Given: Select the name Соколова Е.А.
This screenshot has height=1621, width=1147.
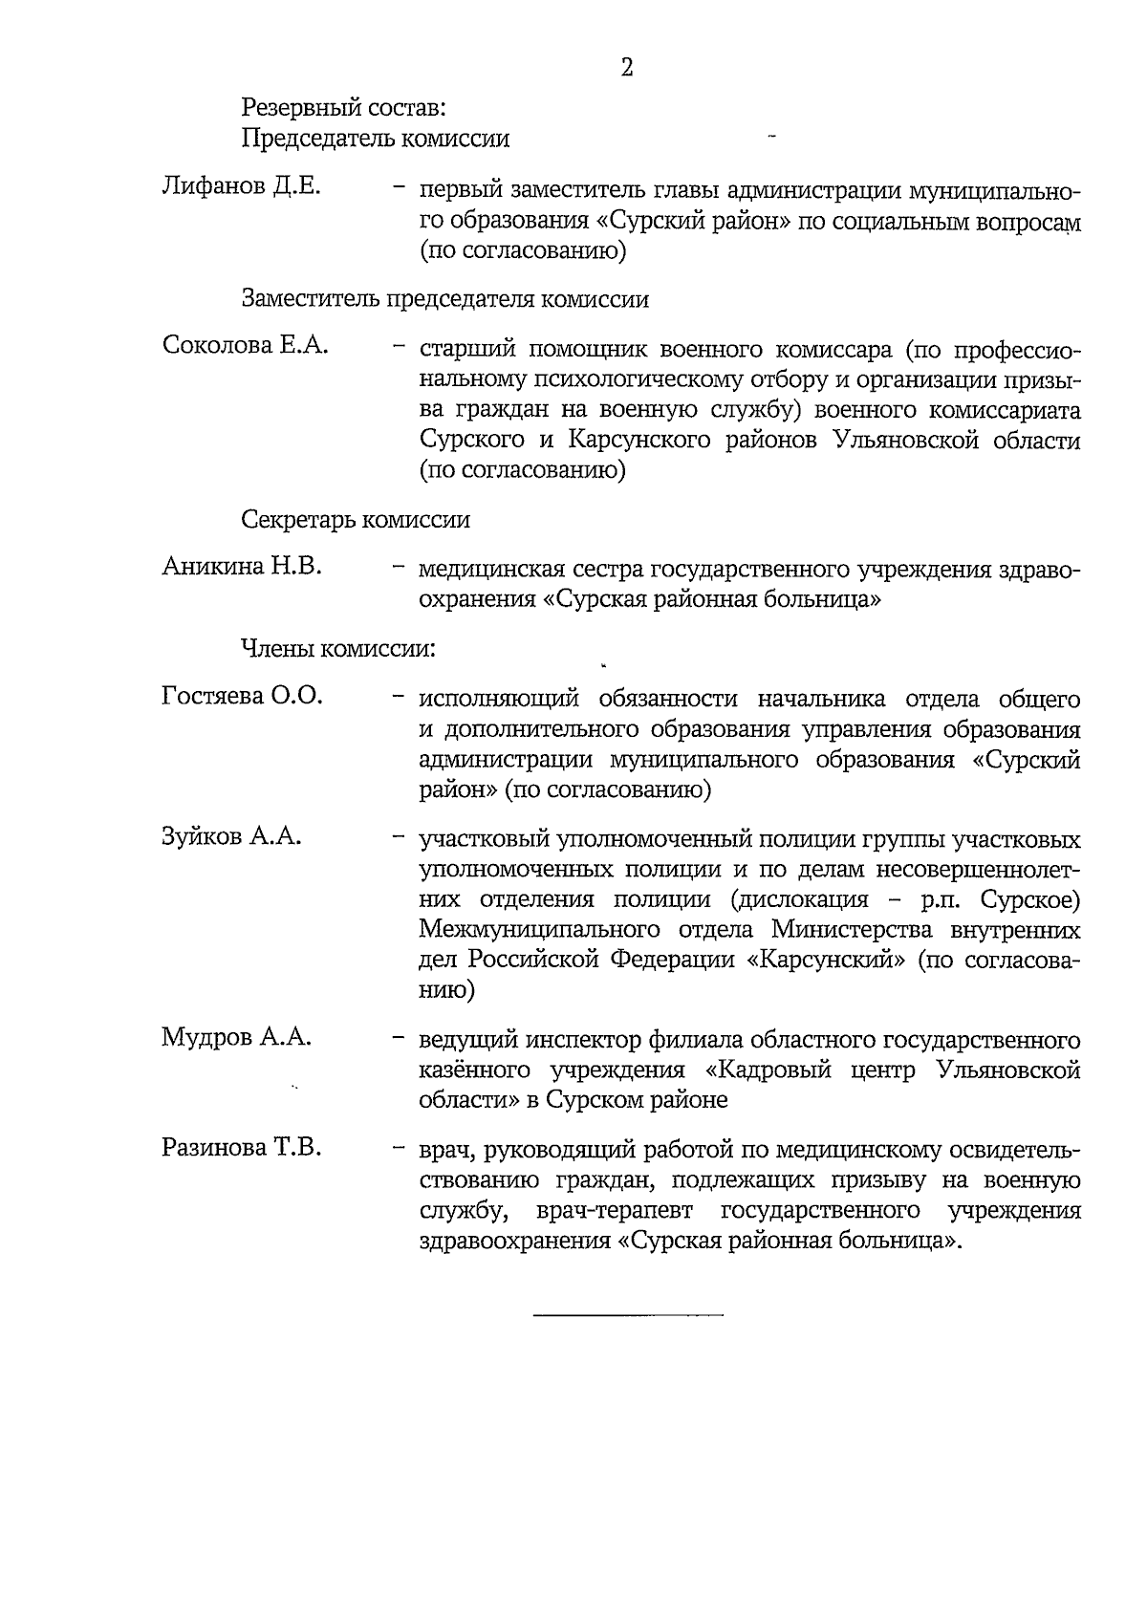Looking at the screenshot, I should pyautogui.click(x=245, y=345).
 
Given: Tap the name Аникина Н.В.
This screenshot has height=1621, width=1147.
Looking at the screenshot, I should pyautogui.click(x=241, y=566).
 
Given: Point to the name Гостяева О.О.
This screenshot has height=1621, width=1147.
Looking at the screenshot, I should pyautogui.click(x=242, y=695).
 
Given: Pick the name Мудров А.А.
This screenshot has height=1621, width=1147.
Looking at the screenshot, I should pyautogui.click(x=236, y=1037).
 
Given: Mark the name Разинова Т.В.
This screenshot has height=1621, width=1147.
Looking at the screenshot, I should pyautogui.click(x=241, y=1147).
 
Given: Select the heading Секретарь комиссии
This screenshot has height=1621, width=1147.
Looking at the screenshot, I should pyautogui.click(x=356, y=520).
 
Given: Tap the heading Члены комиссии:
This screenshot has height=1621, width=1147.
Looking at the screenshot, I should pyautogui.click(x=338, y=649).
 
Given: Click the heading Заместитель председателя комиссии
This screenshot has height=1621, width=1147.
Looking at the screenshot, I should pyautogui.click(x=444, y=299).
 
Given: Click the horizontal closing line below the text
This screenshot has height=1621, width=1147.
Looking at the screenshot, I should pyautogui.click(x=628, y=1317).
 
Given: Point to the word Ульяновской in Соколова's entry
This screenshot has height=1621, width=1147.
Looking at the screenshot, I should pyautogui.click(x=906, y=441).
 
